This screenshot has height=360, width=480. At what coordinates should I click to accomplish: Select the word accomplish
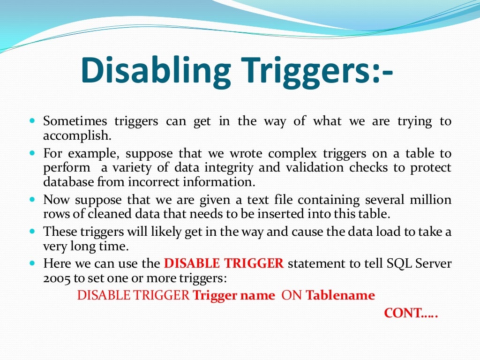77,136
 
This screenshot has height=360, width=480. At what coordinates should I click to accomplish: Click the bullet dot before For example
32,153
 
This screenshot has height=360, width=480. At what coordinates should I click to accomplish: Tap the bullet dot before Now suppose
32,199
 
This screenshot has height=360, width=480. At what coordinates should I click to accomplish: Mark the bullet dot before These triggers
32,231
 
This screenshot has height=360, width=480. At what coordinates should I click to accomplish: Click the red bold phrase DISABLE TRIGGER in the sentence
224,263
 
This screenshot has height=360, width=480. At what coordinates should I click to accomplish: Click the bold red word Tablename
340,296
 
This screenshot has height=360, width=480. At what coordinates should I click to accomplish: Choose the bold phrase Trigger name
234,296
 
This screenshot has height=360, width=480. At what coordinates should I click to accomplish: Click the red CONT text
411,313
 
